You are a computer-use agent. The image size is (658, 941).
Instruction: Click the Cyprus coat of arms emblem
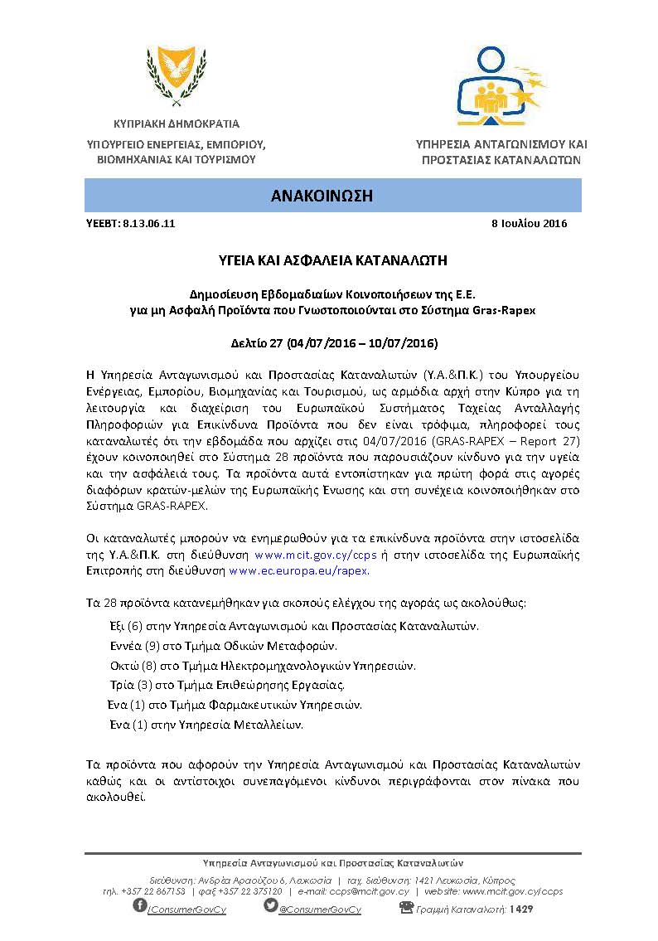[x=171, y=72]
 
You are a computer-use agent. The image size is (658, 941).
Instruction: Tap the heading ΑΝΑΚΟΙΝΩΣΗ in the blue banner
[x=332, y=196]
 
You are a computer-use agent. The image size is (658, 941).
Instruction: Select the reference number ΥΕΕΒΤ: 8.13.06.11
[x=131, y=224]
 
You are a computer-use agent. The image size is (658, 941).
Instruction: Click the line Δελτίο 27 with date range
[x=332, y=343]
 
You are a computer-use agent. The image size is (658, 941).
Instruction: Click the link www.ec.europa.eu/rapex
[x=298, y=571]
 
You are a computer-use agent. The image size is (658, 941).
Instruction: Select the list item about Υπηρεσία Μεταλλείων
[x=206, y=725]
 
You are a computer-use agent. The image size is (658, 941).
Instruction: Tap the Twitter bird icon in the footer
[x=270, y=905]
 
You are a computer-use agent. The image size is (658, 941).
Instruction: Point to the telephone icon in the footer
[x=406, y=907]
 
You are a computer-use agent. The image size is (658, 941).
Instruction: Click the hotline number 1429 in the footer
[x=521, y=909]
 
